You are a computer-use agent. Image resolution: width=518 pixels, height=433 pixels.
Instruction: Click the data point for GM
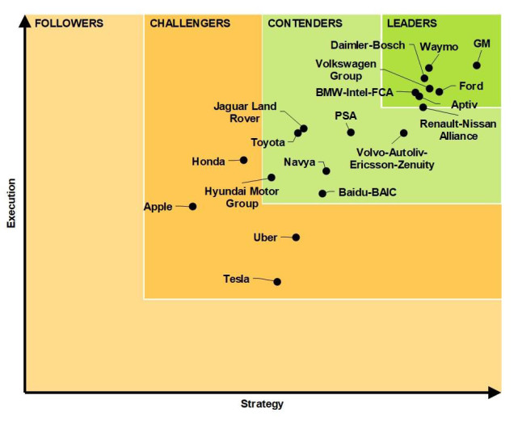pos(477,65)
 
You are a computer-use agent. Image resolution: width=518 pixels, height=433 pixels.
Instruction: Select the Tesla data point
pos(277,282)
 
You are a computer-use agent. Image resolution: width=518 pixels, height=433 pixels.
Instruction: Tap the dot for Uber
pos(296,238)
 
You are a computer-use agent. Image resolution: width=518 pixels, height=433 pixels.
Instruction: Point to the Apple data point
pos(192,207)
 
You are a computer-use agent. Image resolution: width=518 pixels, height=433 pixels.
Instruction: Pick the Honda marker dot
pos(243,160)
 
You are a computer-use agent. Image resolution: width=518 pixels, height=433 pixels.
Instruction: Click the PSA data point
pos(351,132)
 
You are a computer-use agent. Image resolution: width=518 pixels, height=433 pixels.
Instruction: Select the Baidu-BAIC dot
pos(322,193)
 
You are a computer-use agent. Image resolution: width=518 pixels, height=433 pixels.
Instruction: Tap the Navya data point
pos(326,170)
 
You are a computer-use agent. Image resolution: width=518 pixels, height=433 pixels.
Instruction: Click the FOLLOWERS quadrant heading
pos(69,23)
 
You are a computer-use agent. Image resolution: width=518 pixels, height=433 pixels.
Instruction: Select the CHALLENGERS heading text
pos(190,23)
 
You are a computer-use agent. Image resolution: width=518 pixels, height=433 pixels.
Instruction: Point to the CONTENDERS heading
pos(305,23)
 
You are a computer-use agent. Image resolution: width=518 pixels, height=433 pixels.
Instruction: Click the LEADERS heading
pos(412,23)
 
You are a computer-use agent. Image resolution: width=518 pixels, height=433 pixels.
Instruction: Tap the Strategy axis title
pos(262,404)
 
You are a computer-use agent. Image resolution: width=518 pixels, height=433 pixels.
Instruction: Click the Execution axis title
pos(11,204)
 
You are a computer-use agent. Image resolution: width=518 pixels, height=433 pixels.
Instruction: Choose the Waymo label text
pos(440,47)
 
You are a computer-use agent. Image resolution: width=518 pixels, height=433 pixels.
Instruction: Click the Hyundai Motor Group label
pos(242,198)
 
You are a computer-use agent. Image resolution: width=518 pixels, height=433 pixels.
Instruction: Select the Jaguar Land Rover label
pos(245,112)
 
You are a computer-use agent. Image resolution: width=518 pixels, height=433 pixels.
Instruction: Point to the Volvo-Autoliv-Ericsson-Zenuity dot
pos(403,133)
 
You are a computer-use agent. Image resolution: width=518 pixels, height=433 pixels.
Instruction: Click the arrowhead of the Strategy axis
pos(495,393)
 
